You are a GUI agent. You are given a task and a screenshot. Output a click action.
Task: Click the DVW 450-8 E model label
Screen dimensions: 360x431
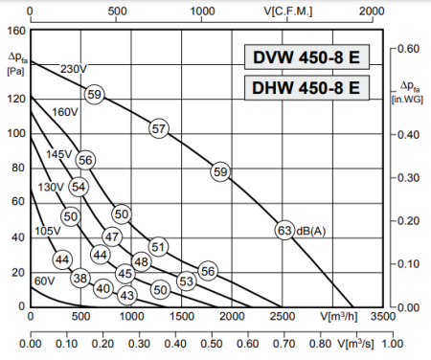(306, 57)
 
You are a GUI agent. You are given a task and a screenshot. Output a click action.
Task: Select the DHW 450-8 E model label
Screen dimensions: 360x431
(306, 88)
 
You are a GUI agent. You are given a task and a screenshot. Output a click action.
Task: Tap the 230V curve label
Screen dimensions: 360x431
(73, 69)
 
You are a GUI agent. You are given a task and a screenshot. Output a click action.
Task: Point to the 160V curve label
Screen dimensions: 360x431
(64, 112)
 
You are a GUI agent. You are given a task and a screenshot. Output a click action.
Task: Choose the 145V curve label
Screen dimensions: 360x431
(59, 154)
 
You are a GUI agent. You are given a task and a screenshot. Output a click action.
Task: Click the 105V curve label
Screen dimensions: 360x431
(48, 231)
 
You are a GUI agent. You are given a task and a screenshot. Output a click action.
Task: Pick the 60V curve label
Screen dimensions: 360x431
(44, 281)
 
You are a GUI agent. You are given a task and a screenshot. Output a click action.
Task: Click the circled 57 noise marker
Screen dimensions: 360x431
(159, 128)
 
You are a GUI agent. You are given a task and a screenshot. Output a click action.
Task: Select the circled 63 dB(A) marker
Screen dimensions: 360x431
(284, 230)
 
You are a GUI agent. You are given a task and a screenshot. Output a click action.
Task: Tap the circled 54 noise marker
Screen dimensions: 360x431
(79, 187)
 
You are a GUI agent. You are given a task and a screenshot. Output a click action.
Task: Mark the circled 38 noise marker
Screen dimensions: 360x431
(79, 278)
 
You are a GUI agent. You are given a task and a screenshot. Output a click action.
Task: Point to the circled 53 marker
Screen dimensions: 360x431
(187, 281)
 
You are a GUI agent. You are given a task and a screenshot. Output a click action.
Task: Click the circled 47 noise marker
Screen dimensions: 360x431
(112, 236)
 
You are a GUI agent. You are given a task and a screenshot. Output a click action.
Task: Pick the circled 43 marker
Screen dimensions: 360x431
(127, 296)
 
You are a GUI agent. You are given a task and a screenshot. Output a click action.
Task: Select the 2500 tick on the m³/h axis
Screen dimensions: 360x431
(282, 315)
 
